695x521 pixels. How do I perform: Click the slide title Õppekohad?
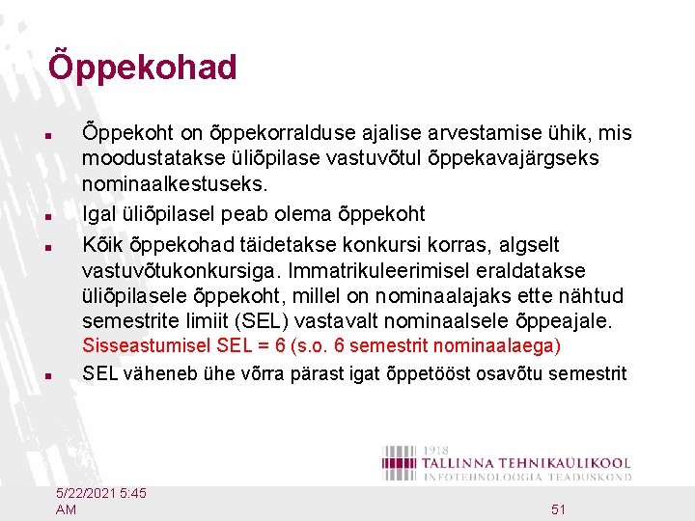(x=142, y=68)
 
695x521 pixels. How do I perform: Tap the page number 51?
(x=558, y=509)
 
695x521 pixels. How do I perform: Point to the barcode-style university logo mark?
(x=401, y=462)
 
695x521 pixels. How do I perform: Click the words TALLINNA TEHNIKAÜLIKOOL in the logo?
(x=527, y=463)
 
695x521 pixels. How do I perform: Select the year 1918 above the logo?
(x=435, y=450)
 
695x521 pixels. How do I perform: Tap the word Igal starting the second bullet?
(x=100, y=213)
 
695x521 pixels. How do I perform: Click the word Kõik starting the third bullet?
(x=102, y=245)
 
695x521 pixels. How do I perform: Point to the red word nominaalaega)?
(x=499, y=345)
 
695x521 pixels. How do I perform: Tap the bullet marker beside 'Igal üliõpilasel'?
(x=60, y=214)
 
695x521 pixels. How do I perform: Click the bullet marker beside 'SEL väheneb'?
(x=60, y=374)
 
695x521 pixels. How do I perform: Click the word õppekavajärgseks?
(x=516, y=156)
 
